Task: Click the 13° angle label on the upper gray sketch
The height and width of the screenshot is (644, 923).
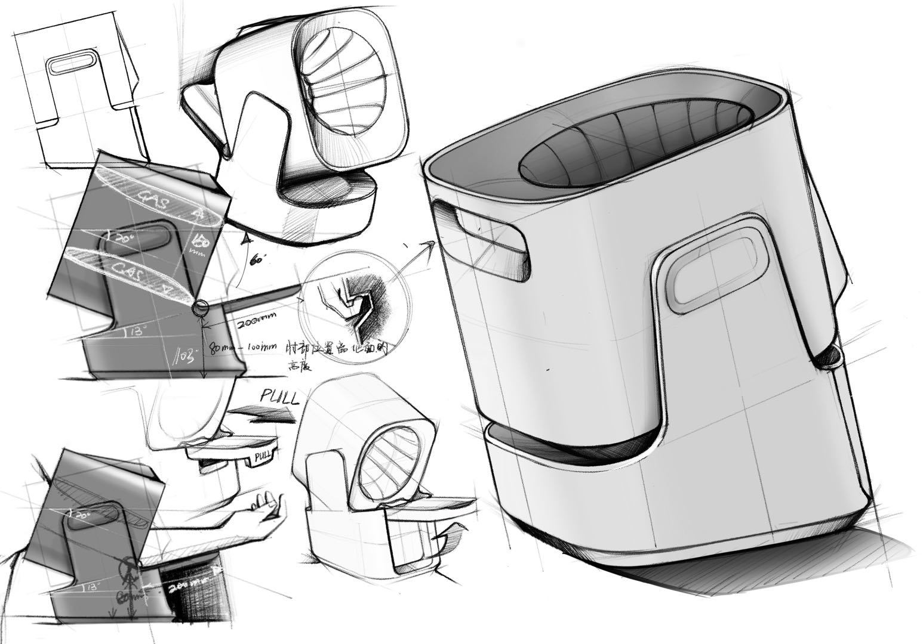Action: click(133, 331)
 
